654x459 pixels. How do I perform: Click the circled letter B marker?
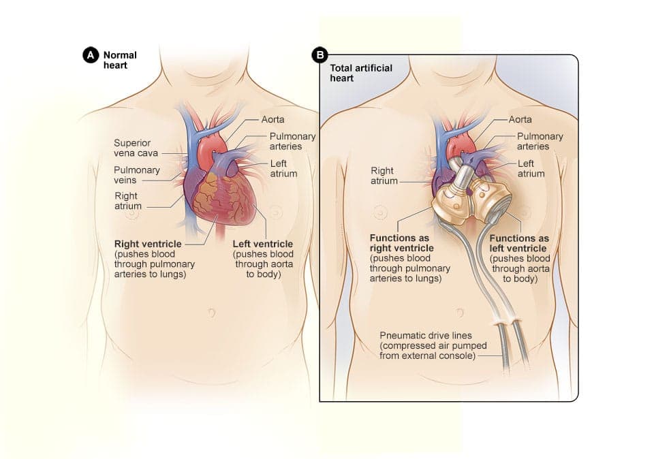[x=317, y=54]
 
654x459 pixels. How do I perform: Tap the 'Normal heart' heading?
[x=119, y=60]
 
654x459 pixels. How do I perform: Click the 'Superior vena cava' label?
[x=136, y=148]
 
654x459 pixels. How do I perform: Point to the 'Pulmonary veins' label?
[x=136, y=175]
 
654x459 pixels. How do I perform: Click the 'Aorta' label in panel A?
[x=272, y=120]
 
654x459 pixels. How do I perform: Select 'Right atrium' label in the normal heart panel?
[x=127, y=201]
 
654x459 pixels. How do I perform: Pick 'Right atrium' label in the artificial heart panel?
[x=383, y=176]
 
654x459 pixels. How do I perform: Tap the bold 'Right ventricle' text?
[x=149, y=243]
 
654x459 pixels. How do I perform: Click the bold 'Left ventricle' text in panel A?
[x=262, y=244]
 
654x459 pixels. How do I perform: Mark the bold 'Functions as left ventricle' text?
[x=519, y=243]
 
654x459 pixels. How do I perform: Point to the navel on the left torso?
[x=211, y=313]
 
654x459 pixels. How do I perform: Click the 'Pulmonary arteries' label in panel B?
[x=540, y=141]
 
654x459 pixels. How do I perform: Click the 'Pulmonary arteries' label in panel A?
[x=292, y=141]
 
